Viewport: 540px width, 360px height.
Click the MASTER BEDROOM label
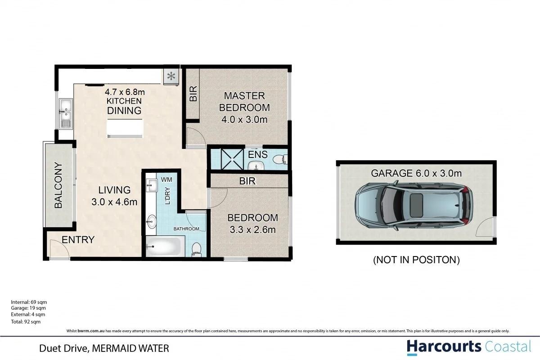(x=244, y=102)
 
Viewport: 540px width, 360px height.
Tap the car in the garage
(x=413, y=206)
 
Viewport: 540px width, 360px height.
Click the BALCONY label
(x=58, y=185)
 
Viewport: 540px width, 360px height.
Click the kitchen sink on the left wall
(x=66, y=113)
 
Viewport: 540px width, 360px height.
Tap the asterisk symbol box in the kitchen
(x=171, y=76)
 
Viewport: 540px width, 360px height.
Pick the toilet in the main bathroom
(x=196, y=249)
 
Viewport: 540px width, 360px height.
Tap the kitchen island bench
(x=125, y=128)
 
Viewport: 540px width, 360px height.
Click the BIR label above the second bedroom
(x=248, y=181)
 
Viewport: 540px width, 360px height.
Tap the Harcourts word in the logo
(x=444, y=346)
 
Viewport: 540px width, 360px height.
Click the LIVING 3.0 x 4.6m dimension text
(x=114, y=196)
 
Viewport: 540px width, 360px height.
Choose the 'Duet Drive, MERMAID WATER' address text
(x=104, y=348)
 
